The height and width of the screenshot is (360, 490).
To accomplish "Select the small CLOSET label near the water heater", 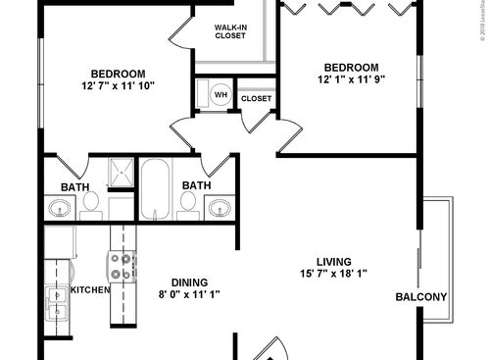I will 256,99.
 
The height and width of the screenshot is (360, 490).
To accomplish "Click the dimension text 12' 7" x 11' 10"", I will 119,86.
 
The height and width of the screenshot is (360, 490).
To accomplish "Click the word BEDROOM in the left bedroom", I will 119,74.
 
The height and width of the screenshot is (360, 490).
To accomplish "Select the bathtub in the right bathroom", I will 155,188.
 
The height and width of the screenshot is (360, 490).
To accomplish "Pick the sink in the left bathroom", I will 59,207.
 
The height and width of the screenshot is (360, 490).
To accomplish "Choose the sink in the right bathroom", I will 220,207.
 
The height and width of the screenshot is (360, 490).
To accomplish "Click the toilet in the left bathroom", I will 91,202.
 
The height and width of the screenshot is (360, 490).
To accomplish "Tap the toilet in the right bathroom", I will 187,202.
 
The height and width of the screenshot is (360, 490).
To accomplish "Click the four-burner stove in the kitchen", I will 122,267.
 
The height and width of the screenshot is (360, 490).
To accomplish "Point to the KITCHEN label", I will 89,290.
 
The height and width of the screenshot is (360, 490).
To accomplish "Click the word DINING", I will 189,280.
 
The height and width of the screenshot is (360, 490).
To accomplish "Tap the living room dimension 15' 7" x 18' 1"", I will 334,274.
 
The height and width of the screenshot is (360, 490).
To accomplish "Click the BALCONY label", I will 421,297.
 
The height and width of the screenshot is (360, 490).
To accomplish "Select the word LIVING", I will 334,261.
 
